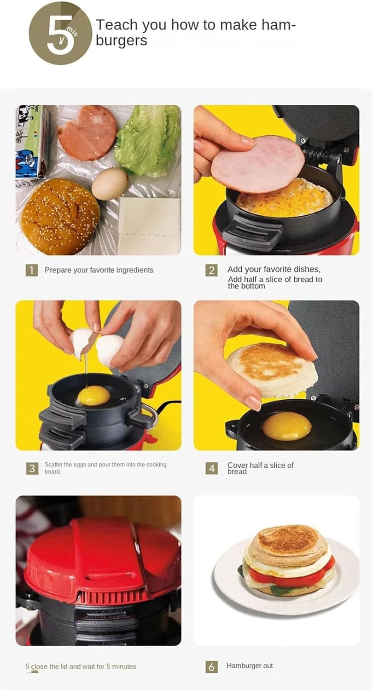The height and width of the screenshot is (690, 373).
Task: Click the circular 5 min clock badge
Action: pos(60,33)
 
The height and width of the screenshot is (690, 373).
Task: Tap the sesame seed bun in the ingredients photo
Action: pos(60,216)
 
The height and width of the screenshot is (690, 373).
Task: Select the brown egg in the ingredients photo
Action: pos(110,184)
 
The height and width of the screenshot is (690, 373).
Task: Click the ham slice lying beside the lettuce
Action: pos(87,133)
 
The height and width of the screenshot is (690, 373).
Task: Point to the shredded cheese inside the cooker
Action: pos(286,202)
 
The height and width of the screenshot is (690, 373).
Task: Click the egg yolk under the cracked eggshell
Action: pos(94,396)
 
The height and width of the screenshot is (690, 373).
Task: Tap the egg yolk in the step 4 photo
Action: pos(286,426)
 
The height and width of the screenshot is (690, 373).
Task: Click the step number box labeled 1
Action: pos(31,270)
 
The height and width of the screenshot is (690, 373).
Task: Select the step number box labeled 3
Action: pos(31,468)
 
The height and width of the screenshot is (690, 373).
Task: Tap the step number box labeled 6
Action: pos(211,667)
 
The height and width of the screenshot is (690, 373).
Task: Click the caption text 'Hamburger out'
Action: pos(249,666)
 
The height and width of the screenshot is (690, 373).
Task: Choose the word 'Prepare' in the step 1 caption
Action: pos(58,270)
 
